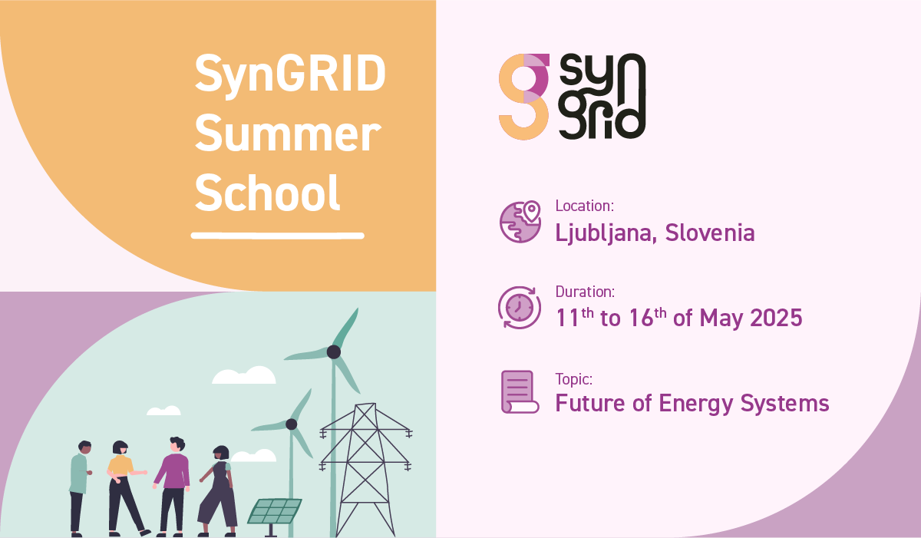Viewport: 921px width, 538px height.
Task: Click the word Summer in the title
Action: pyautogui.click(x=288, y=134)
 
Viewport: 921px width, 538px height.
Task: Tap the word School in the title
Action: pyautogui.click(x=267, y=193)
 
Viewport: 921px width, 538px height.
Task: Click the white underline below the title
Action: pyautogui.click(x=278, y=236)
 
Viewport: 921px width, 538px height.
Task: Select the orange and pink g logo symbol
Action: pyautogui.click(x=524, y=97)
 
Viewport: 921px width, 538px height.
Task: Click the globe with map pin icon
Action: pyautogui.click(x=520, y=222)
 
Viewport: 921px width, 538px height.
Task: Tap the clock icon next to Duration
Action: pyautogui.click(x=520, y=308)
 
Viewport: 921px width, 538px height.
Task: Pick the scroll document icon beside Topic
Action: pyautogui.click(x=520, y=391)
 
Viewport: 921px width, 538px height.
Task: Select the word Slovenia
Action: pyautogui.click(x=710, y=233)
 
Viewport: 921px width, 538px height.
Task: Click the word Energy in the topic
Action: pyautogui.click(x=696, y=404)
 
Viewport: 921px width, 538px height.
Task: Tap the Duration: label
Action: pyautogui.click(x=585, y=292)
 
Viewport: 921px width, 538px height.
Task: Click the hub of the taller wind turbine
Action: pyautogui.click(x=333, y=352)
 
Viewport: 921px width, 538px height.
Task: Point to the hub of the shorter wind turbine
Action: pyautogui.click(x=291, y=424)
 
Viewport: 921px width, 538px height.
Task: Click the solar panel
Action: pyautogui.click(x=274, y=512)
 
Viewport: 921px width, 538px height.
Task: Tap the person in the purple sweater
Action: pyautogui.click(x=173, y=487)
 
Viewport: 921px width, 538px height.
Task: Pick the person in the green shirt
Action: pyautogui.click(x=80, y=488)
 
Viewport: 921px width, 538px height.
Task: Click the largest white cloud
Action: pyautogui.click(x=244, y=375)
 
